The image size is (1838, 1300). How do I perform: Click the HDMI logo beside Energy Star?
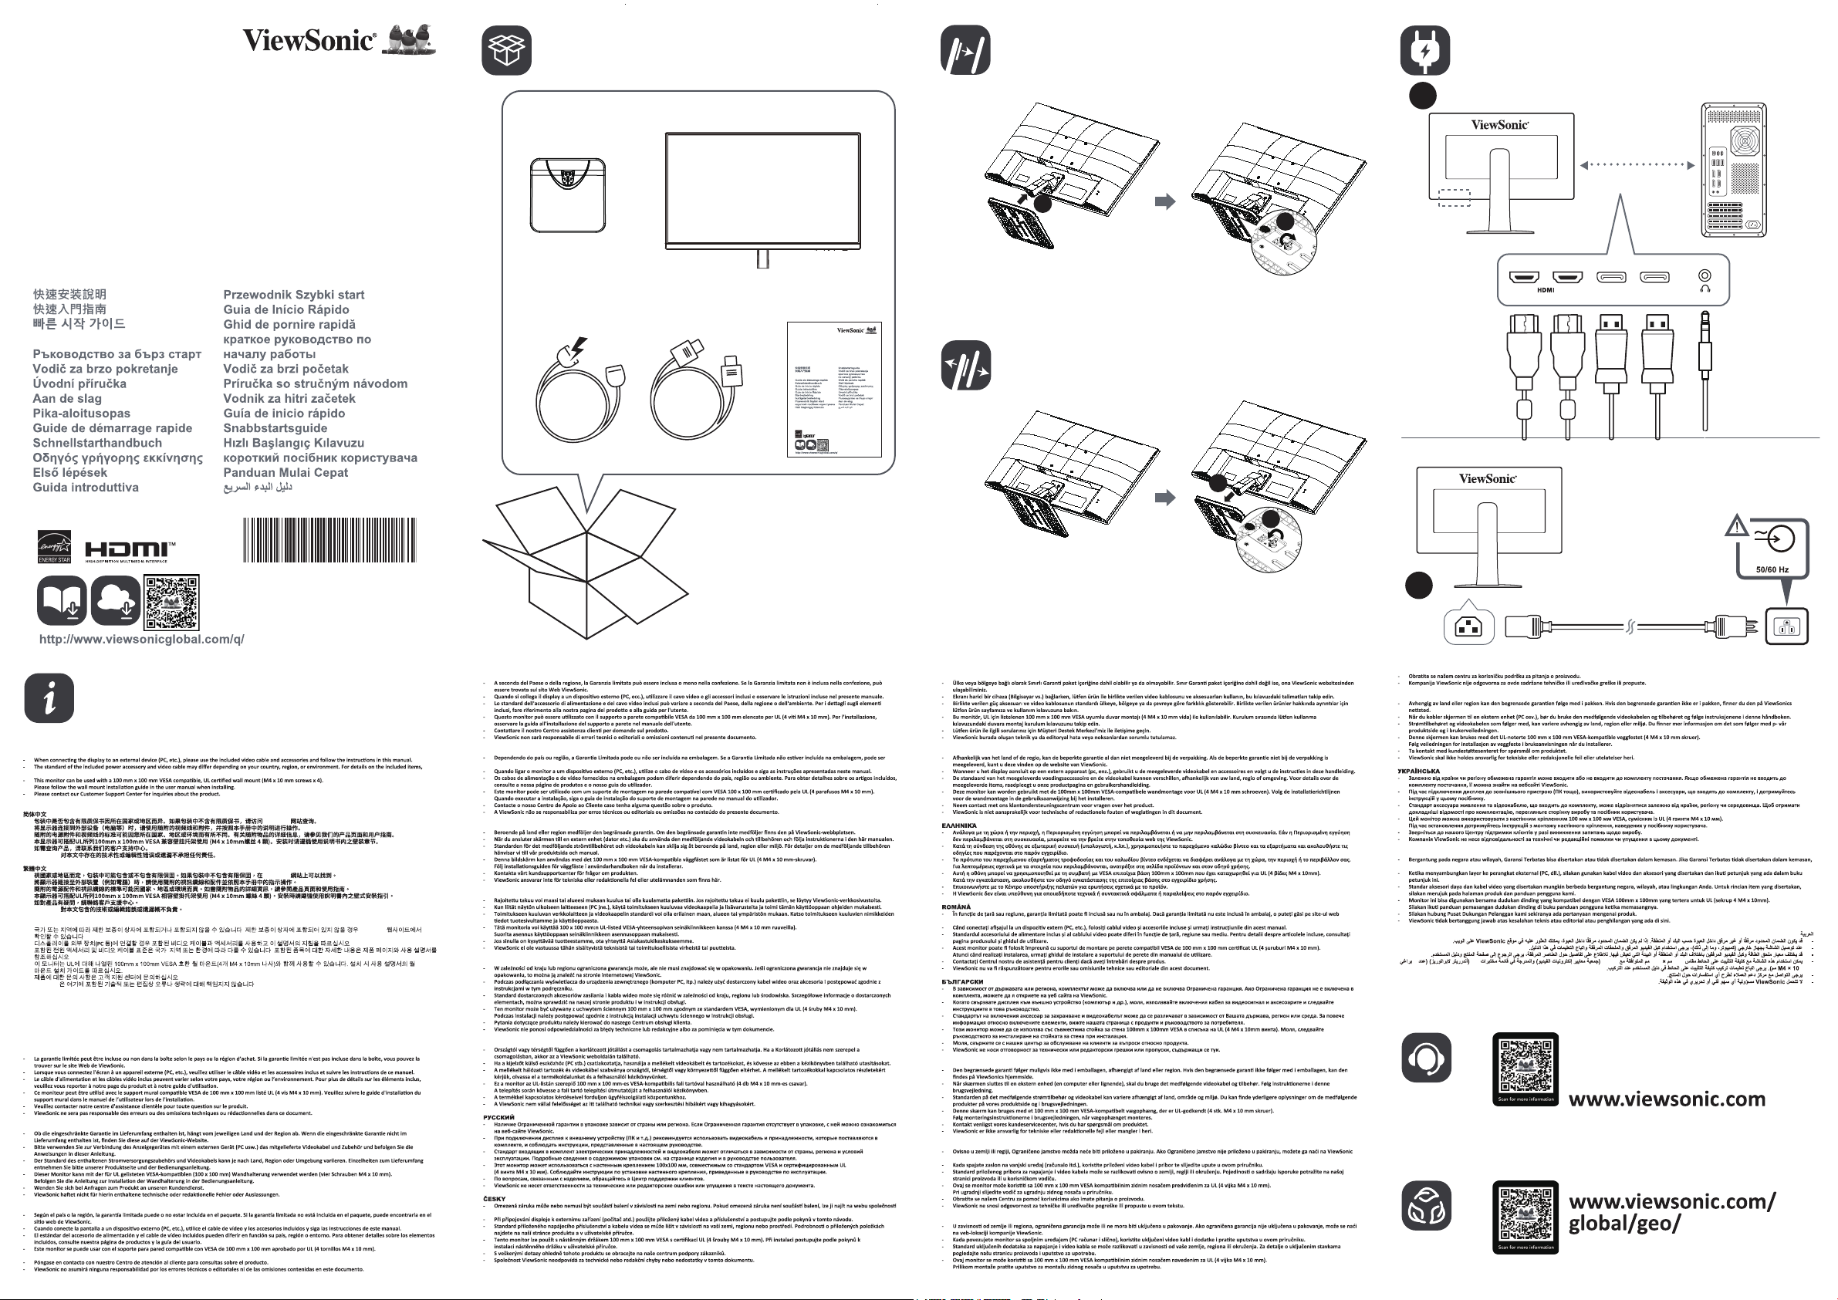click(x=130, y=549)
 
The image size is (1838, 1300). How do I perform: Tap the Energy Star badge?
click(x=55, y=547)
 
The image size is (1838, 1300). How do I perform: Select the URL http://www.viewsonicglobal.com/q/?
click(x=142, y=639)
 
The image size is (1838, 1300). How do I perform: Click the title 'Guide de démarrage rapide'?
click(x=113, y=428)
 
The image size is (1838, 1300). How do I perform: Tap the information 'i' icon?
click(x=49, y=698)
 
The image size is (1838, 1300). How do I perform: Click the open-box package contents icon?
click(x=507, y=49)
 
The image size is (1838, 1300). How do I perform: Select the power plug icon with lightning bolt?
click(x=1424, y=49)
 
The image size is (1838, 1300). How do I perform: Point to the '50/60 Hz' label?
click(x=1772, y=570)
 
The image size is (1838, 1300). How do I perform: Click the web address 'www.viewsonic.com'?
click(x=1667, y=1099)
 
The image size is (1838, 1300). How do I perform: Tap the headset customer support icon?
click(x=1426, y=1058)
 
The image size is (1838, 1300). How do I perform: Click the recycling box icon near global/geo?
click(x=1426, y=1207)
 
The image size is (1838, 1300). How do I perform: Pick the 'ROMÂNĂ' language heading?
click(x=956, y=907)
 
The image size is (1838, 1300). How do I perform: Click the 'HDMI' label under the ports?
click(x=1545, y=291)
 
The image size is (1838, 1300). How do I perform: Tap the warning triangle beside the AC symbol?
click(x=1736, y=526)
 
